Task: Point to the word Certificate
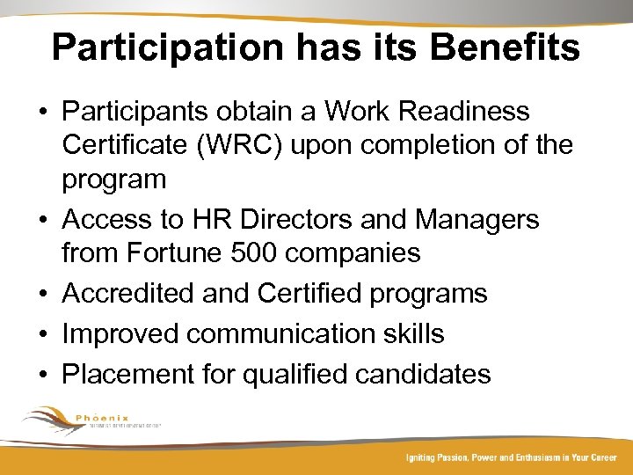click(122, 145)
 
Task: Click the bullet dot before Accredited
click(42, 294)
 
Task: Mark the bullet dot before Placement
click(42, 375)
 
